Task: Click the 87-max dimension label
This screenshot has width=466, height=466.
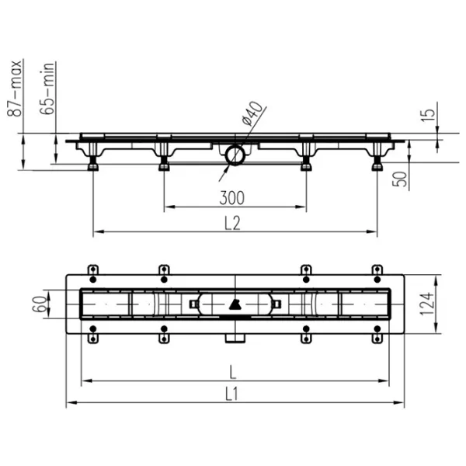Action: (x=14, y=89)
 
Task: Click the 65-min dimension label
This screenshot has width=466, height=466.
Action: (x=47, y=89)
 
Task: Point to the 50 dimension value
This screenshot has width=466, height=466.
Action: (x=400, y=179)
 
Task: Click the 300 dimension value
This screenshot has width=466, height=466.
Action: (x=231, y=197)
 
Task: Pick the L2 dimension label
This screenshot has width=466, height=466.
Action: (x=232, y=223)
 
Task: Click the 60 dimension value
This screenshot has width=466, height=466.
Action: (x=40, y=304)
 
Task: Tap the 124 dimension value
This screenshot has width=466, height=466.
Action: (x=426, y=304)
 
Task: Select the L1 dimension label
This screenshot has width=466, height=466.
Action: (x=231, y=395)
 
